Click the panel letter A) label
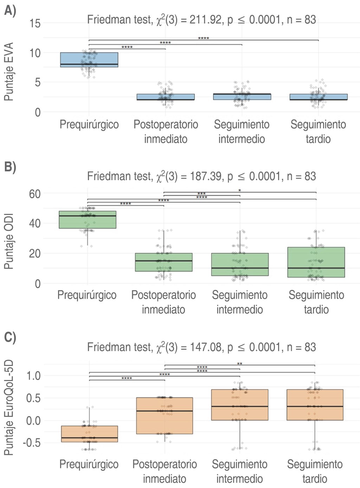click(x=10, y=11)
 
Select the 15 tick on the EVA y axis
click(x=35, y=24)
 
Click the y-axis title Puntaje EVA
click(x=8, y=72)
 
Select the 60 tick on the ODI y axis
click(x=35, y=194)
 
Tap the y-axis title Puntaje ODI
click(x=8, y=241)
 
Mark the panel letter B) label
click(x=10, y=166)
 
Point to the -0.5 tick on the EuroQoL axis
click(x=32, y=443)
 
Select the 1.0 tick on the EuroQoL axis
click(x=33, y=376)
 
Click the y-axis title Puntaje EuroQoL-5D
click(x=8, y=407)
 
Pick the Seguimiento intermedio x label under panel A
click(x=242, y=132)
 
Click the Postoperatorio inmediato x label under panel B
click(x=163, y=302)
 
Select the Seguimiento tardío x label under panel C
click(x=315, y=471)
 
